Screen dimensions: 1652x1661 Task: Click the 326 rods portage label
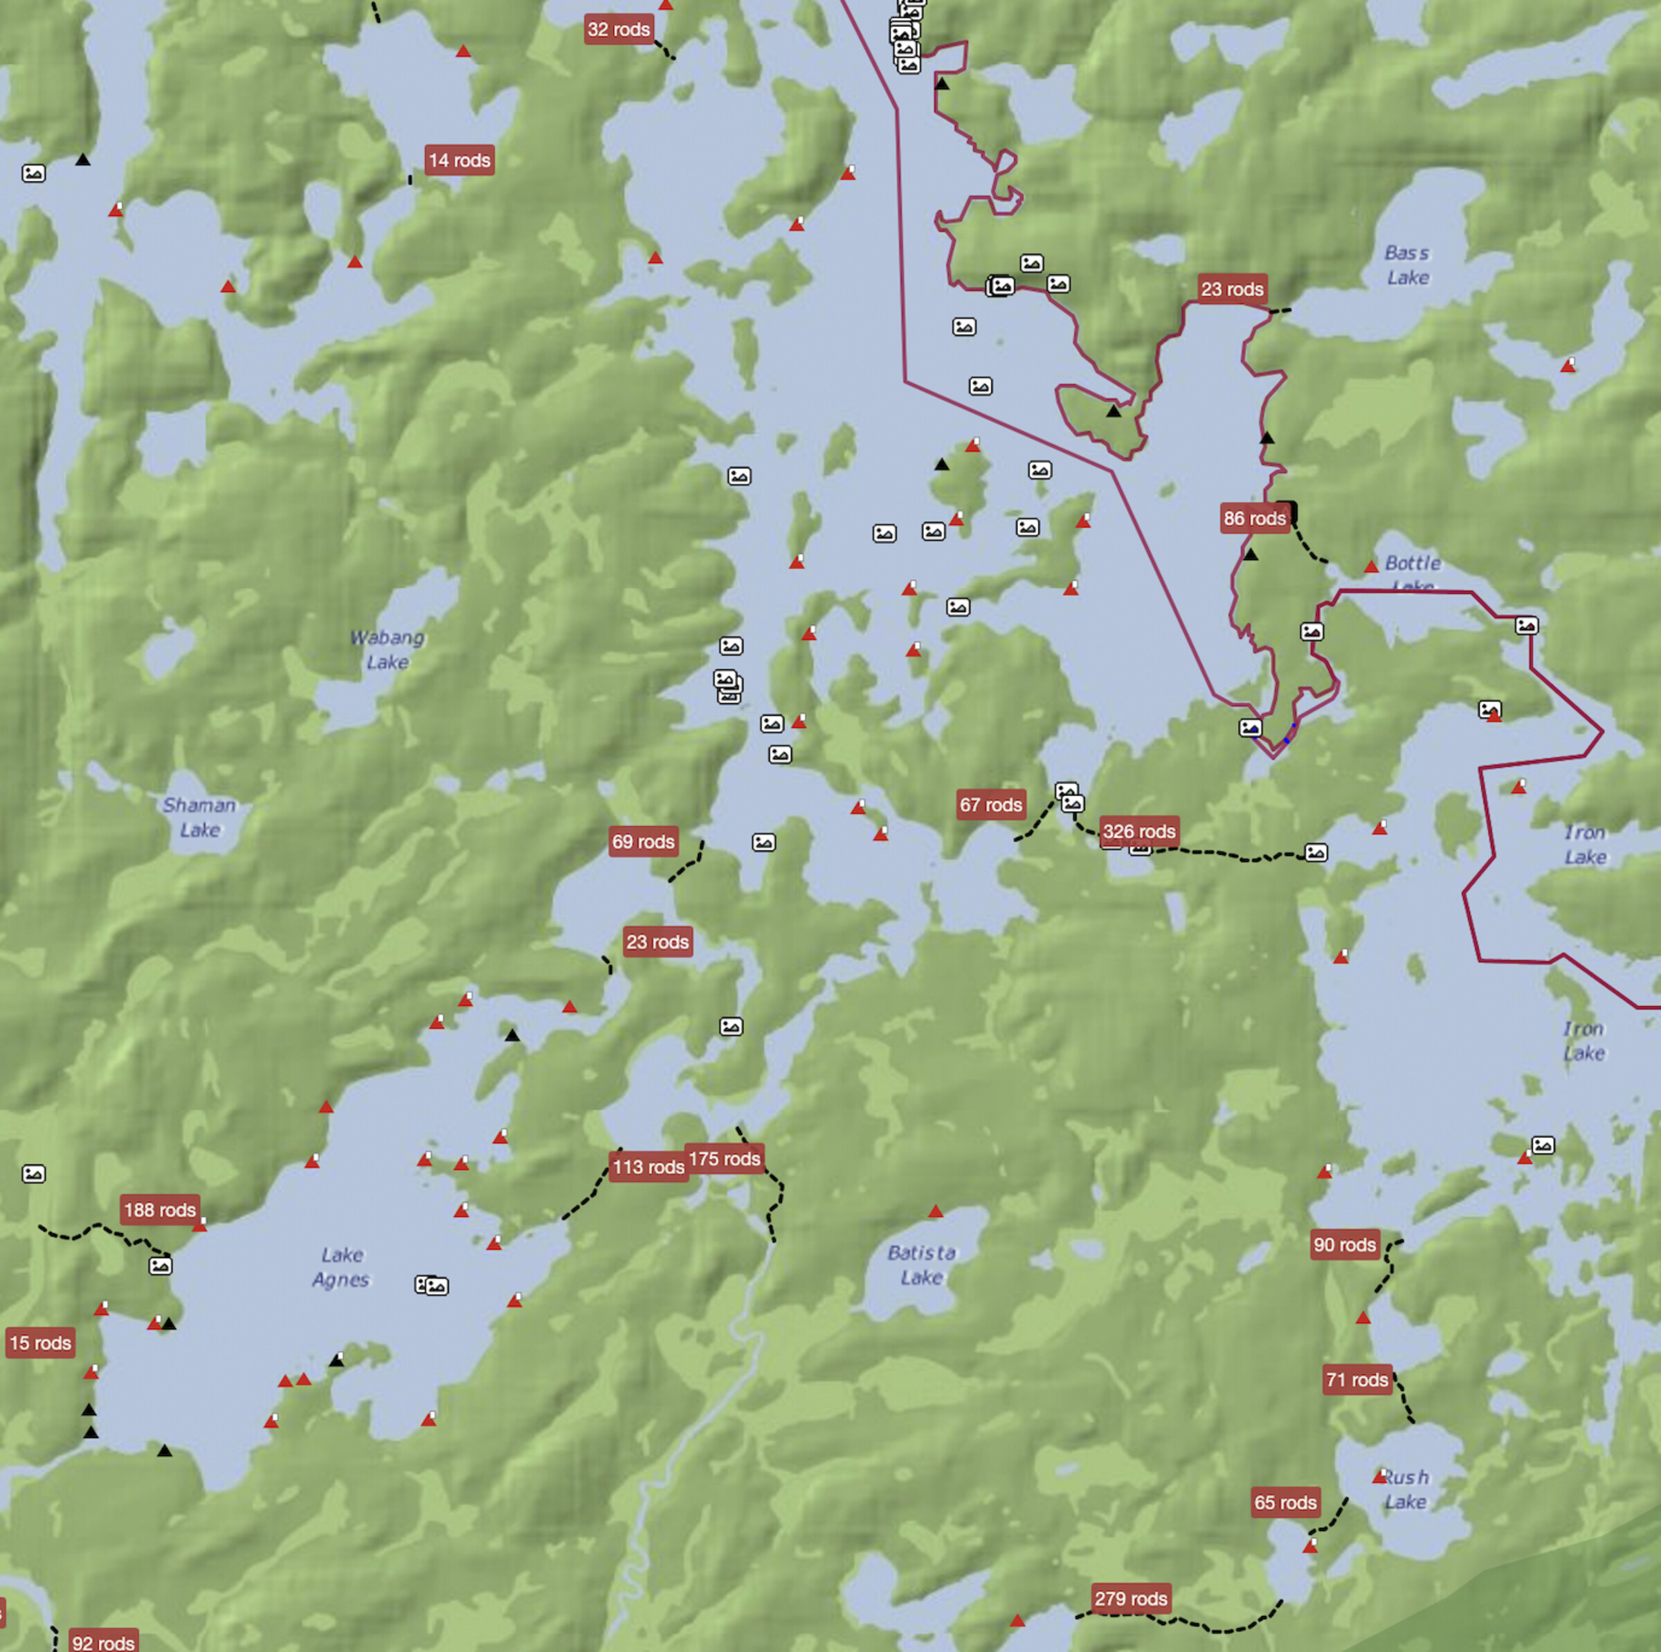click(1138, 832)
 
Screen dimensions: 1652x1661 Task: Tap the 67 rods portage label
click(990, 805)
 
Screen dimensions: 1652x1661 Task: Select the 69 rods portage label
click(643, 842)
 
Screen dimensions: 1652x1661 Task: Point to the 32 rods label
click(618, 29)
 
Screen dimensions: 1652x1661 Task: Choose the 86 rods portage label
click(1254, 519)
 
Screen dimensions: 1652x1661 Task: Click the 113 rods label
click(648, 1167)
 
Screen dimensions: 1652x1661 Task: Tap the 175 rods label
click(724, 1159)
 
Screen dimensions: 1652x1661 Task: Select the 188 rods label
click(160, 1210)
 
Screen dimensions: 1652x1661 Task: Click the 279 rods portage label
click(1131, 1599)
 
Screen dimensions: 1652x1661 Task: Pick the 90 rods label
click(1345, 1244)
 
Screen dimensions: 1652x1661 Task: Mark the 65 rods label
click(1285, 1502)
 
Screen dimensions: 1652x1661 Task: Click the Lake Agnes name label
click(341, 1267)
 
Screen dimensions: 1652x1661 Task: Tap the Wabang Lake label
click(387, 649)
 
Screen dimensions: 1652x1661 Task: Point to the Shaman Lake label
click(199, 817)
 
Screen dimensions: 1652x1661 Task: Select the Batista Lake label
click(922, 1265)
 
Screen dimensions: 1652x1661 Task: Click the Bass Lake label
click(1408, 265)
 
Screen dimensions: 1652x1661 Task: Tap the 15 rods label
click(40, 1343)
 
